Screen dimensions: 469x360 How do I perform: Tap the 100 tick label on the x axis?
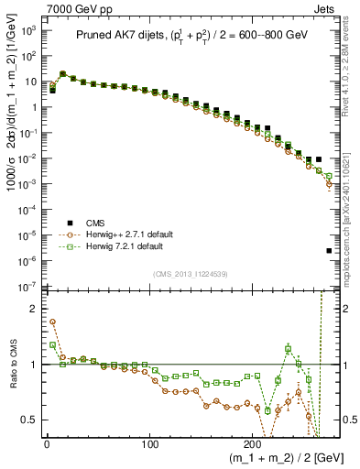[149, 446]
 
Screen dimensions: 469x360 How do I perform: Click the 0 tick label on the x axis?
[47, 446]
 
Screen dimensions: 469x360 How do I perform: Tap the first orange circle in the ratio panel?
[52, 322]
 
